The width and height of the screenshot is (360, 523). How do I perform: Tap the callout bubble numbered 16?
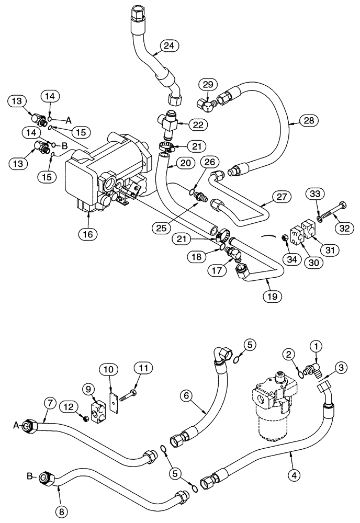tap(87, 234)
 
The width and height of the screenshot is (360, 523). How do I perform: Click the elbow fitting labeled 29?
tap(208, 104)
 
